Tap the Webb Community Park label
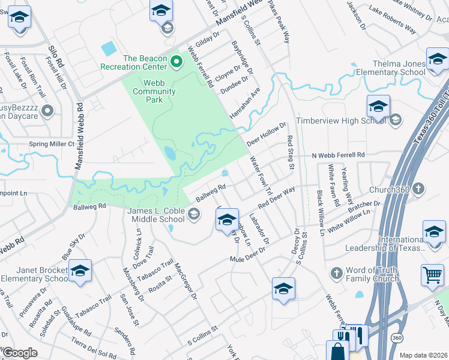154,92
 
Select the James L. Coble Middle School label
157,214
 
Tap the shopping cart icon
432,275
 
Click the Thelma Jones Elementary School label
391,68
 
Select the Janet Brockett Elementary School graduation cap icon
80,271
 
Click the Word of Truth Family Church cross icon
337,273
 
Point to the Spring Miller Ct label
52,144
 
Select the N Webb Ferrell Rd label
338,155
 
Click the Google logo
19,352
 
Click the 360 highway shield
396,338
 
